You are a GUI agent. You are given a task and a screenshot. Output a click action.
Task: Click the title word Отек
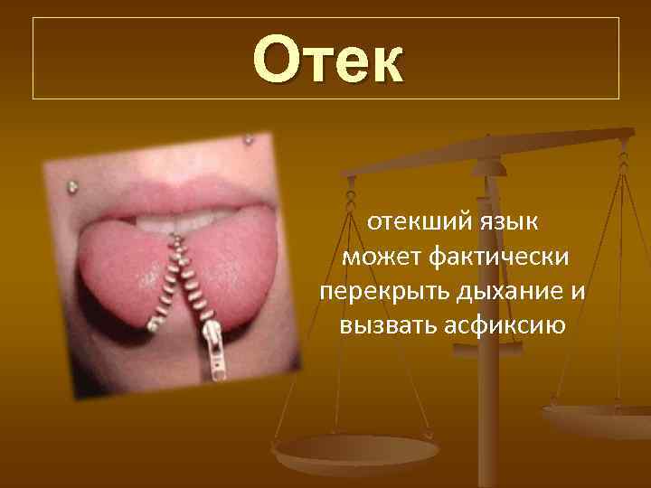pos(328,59)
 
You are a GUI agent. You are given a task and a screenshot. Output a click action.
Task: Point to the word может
pos(382,258)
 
